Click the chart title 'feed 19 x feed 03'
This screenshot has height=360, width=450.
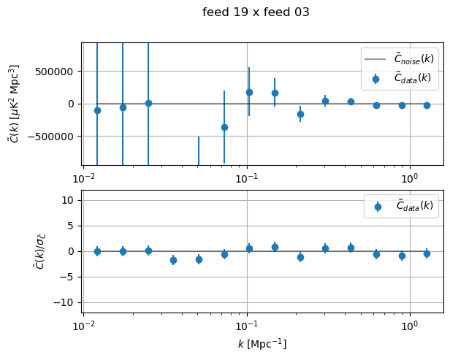click(x=256, y=12)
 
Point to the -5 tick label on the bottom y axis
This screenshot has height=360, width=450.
click(x=70, y=277)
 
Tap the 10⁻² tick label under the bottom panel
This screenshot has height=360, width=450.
click(x=84, y=325)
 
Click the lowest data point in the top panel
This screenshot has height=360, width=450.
click(x=224, y=127)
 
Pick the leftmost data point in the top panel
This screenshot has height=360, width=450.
click(x=97, y=110)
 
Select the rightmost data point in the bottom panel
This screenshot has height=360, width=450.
click(x=427, y=253)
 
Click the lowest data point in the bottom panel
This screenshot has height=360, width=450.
click(x=173, y=260)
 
